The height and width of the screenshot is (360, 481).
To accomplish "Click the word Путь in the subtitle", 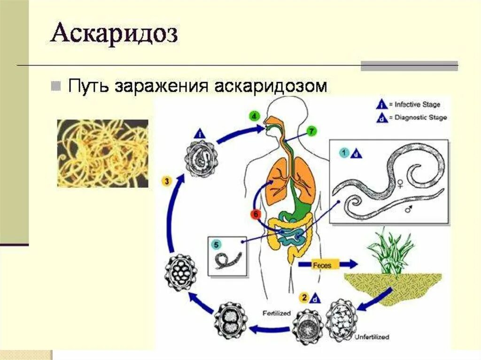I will tap(87, 86).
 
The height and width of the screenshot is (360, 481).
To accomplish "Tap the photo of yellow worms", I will tap(102, 153).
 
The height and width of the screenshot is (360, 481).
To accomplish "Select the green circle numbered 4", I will tap(254, 116).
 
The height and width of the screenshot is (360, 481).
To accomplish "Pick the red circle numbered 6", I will tap(255, 214).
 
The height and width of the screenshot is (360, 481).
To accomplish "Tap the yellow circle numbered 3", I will tap(166, 180).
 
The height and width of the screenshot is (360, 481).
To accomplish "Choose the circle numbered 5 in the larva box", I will tap(216, 244).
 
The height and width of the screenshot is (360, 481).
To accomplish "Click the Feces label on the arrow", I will tap(322, 265).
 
